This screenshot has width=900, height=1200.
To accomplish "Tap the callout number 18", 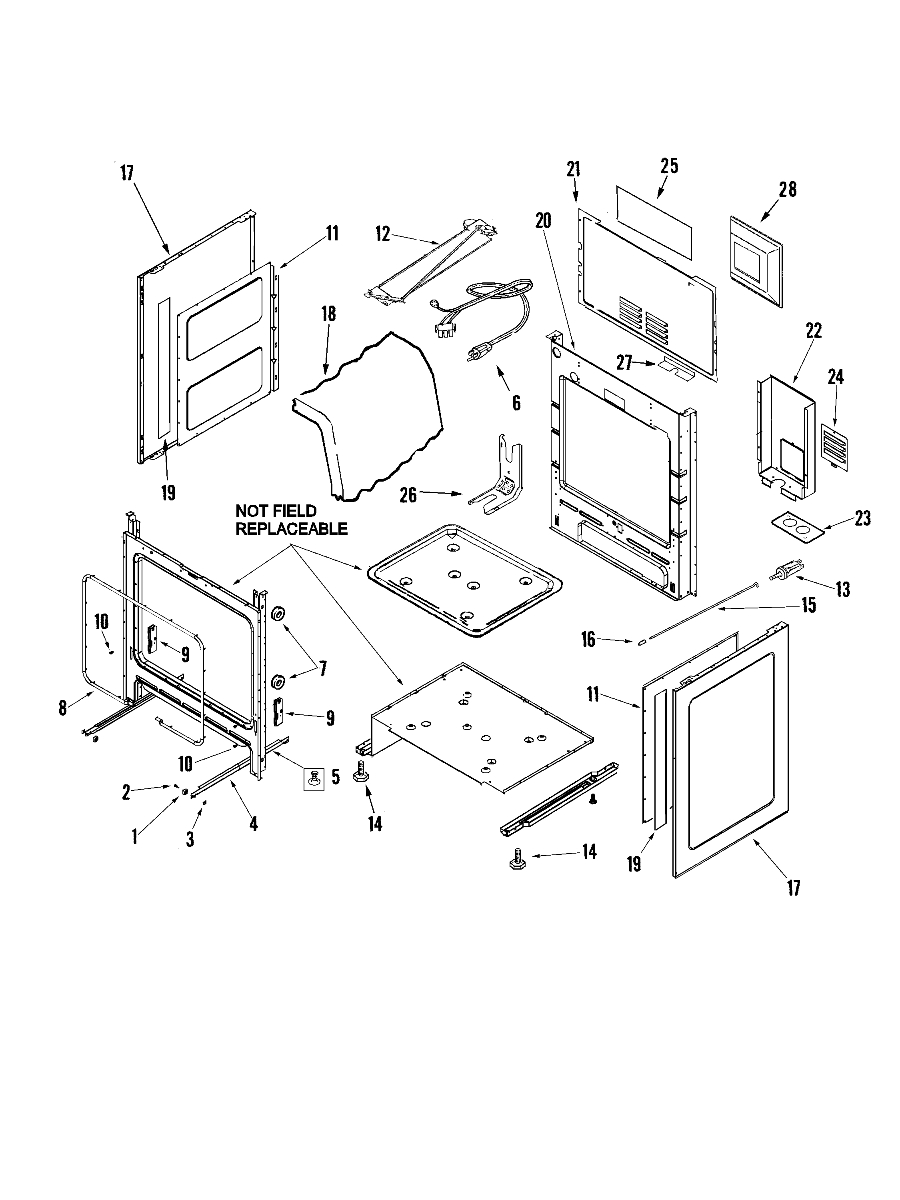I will [x=328, y=314].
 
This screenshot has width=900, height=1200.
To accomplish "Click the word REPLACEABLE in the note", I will [x=291, y=529].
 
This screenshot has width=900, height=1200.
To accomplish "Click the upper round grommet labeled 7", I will [x=278, y=614].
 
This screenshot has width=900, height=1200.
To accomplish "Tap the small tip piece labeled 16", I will [x=642, y=641].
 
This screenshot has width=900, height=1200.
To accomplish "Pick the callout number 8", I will [x=63, y=708].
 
